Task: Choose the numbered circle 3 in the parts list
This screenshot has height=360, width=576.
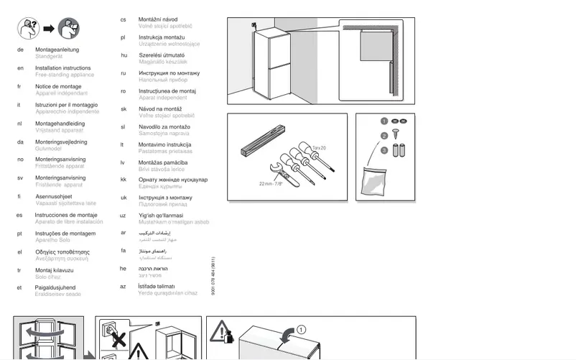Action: tap(384, 150)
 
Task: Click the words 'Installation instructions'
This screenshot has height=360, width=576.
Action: tap(62, 68)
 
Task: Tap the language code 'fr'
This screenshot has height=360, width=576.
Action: tap(19, 87)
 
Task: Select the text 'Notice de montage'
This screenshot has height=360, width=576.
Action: tap(58, 87)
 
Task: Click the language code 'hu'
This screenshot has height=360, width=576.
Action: tap(124, 55)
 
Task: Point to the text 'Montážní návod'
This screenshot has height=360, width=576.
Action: tap(159, 19)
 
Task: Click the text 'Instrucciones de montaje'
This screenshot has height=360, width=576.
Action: tap(65, 215)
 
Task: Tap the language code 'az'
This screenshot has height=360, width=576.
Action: tap(124, 286)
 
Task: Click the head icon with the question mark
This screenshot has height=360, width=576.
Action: tap(27, 29)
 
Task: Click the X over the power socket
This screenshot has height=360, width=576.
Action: tap(114, 337)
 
